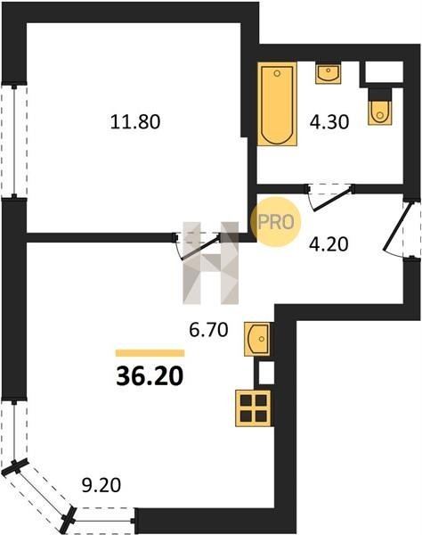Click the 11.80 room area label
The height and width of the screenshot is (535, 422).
pyautogui.click(x=135, y=122)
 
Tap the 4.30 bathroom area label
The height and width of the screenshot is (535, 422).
pyautogui.click(x=329, y=122)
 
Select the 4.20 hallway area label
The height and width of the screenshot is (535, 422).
pyautogui.click(x=329, y=244)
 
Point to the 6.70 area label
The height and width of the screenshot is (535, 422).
pyautogui.click(x=208, y=330)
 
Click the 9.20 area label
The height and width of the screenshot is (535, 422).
pyautogui.click(x=101, y=485)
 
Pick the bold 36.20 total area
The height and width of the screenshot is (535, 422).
pyautogui.click(x=150, y=376)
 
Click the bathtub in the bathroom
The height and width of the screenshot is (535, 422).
pyautogui.click(x=277, y=104)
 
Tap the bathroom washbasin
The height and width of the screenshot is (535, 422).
pyautogui.click(x=328, y=73)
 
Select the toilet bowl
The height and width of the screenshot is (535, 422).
pyautogui.click(x=379, y=106)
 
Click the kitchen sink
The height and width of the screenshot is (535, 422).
pyautogui.click(x=257, y=340)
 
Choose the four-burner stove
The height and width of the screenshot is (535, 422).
pyautogui.click(x=254, y=408)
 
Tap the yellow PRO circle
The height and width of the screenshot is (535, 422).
pyautogui.click(x=276, y=222)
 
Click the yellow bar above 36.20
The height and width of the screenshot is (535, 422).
pyautogui.click(x=150, y=353)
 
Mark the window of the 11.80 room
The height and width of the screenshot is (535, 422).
pyautogui.click(x=14, y=141)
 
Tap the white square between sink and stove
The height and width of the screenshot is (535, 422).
pyautogui.click(x=266, y=373)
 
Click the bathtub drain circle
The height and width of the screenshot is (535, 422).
pyautogui.click(x=277, y=73)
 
